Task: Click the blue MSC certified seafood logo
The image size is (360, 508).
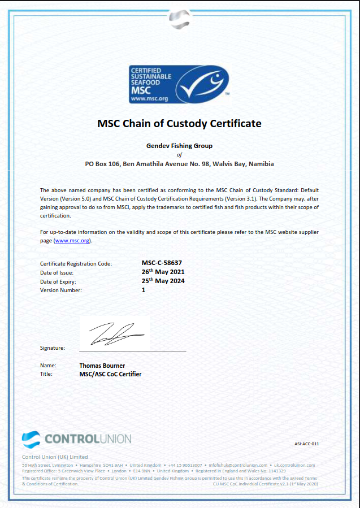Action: [x=179, y=84]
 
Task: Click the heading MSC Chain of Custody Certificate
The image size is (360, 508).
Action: [x=179, y=123]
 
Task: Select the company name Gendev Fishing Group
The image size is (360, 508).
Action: [x=179, y=146]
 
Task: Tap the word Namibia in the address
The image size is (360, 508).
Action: [x=261, y=164]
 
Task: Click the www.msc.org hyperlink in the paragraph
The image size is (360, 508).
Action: [x=72, y=241]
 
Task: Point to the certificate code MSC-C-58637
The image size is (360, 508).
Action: [x=162, y=263]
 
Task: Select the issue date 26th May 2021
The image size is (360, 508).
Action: [x=163, y=272]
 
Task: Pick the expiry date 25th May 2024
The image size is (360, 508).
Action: [x=163, y=281]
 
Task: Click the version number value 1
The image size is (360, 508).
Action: [x=144, y=290]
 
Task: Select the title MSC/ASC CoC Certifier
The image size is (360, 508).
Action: [x=111, y=374]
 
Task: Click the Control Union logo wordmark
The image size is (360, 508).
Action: [x=87, y=438]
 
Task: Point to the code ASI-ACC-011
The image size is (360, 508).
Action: [x=307, y=444]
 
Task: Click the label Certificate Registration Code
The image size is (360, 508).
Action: [x=76, y=263]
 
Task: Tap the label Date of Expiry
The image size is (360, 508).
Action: [x=58, y=281]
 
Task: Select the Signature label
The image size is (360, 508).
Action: [x=53, y=348]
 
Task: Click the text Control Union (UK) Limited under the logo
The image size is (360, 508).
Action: [x=55, y=457]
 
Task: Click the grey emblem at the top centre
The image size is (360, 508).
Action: [x=179, y=18]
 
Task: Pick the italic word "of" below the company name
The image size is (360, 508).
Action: [x=179, y=155]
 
